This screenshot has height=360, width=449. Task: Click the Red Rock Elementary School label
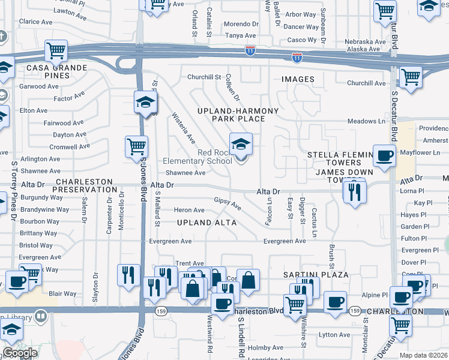197,157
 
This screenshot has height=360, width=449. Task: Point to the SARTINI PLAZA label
316,274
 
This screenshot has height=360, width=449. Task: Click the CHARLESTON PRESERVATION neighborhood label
84,185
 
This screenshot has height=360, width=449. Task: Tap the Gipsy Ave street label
228,204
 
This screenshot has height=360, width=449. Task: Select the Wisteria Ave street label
183,127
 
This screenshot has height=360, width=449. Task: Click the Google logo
20,353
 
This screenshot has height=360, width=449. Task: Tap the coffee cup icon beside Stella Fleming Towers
384,156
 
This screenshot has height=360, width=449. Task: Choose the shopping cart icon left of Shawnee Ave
137,146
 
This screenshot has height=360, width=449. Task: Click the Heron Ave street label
188,210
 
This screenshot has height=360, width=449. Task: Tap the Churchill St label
204,77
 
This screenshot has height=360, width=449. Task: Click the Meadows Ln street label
366,121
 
